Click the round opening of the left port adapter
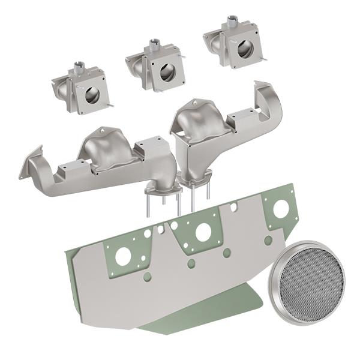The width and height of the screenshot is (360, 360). [92, 95]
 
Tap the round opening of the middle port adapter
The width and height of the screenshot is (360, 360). [167, 72]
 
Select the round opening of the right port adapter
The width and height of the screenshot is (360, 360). [245, 49]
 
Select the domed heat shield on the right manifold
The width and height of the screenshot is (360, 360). [200, 118]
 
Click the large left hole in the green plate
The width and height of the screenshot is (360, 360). [123, 257]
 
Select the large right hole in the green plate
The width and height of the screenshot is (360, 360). [280, 208]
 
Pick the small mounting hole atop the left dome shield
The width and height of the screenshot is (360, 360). [103, 130]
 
